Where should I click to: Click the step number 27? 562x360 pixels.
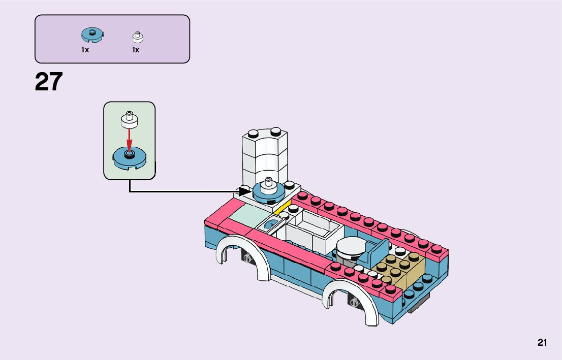pyautogui.click(x=49, y=82)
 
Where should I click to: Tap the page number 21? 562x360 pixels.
pyautogui.click(x=542, y=343)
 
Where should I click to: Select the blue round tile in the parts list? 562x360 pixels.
pyautogui.click(x=92, y=35)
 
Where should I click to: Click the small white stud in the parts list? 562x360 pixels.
pyautogui.click(x=138, y=37)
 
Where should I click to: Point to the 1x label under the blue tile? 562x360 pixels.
pyautogui.click(x=85, y=50)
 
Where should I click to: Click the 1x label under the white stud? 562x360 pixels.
pyautogui.click(x=136, y=50)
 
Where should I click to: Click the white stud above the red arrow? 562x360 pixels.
pyautogui.click(x=129, y=119)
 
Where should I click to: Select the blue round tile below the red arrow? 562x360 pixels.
pyautogui.click(x=129, y=157)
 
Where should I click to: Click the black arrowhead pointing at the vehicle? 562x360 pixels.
pyautogui.click(x=244, y=192)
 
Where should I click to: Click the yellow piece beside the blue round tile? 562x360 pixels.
pyautogui.click(x=283, y=207)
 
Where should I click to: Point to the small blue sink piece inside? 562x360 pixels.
pyautogui.click(x=272, y=224)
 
